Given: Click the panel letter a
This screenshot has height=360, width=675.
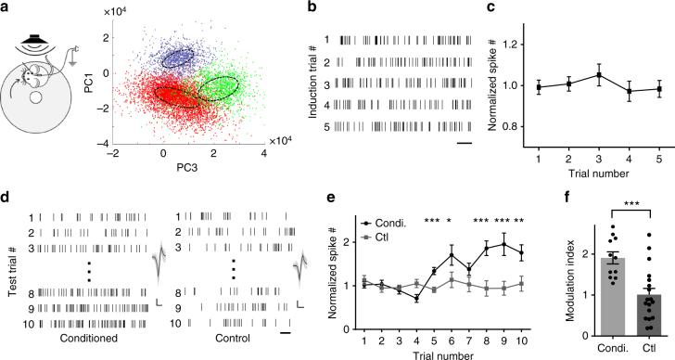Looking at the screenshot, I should click(7, 8).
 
